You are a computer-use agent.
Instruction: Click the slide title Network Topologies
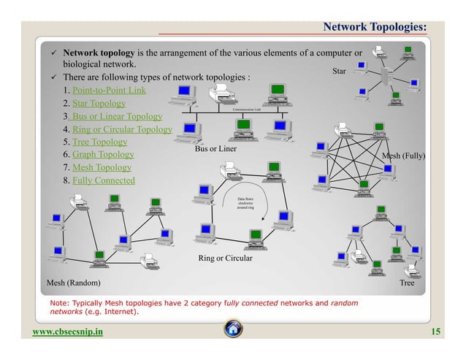point(375,27)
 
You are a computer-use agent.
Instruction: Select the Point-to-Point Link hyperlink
point(109,91)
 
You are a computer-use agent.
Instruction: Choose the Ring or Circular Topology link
point(122,130)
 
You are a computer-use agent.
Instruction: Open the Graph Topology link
point(103,155)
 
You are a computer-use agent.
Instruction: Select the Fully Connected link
point(103,180)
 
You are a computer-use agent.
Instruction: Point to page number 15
point(436,333)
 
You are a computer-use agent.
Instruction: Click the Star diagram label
point(339,72)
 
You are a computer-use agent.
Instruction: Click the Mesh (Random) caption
point(74,282)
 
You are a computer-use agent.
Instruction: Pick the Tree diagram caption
point(406,282)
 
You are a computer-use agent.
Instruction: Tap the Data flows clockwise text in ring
point(245,202)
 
